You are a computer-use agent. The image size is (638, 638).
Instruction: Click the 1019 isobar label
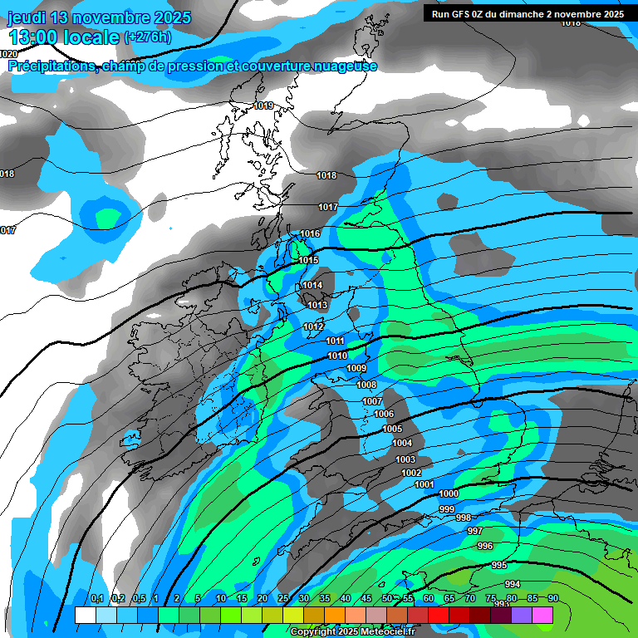(x=264, y=106)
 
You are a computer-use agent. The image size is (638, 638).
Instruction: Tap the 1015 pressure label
(x=308, y=260)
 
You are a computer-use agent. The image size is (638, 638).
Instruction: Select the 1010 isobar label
(x=337, y=356)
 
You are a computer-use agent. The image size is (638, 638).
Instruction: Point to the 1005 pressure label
(x=392, y=429)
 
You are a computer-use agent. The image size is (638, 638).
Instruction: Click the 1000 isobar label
(x=449, y=493)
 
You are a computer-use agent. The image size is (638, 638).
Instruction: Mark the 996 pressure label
(x=485, y=546)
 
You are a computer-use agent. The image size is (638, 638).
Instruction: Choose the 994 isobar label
(x=513, y=584)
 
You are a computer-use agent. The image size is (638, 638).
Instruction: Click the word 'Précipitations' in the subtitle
(x=50, y=66)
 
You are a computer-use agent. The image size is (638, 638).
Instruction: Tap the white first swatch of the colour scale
(x=85, y=615)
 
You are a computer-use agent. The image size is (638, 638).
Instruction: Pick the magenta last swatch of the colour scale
(x=542, y=615)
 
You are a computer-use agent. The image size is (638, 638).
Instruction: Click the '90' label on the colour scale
(x=552, y=599)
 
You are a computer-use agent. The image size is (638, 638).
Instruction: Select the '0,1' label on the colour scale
(x=96, y=599)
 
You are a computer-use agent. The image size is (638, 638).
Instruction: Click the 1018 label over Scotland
(x=326, y=175)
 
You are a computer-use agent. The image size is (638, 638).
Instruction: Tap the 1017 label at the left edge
(x=7, y=230)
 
